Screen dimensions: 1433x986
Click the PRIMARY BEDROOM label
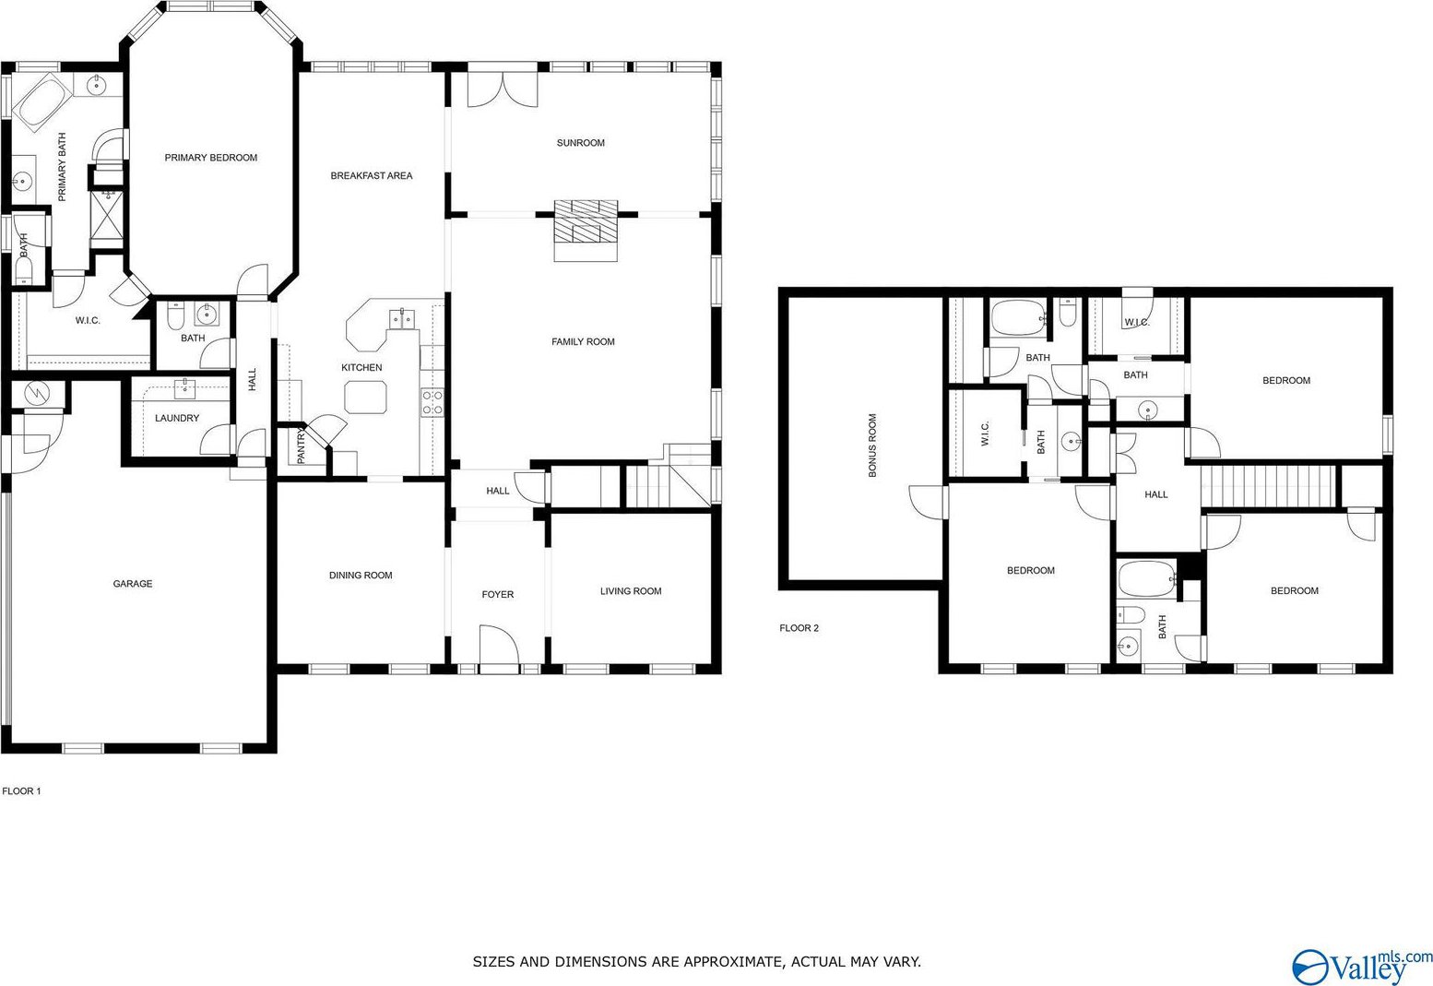point(211,158)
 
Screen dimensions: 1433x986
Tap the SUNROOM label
point(580,143)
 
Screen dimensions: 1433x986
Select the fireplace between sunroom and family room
point(586,231)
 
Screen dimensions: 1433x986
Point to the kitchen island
point(365,397)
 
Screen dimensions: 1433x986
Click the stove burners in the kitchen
point(432,402)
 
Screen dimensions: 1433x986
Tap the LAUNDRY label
point(177,418)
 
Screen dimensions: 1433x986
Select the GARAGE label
point(133,584)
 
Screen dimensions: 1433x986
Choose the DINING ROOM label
point(361,576)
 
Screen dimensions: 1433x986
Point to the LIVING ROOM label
point(631,591)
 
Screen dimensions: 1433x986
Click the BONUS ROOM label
point(872,445)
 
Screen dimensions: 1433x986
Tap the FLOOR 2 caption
point(799,628)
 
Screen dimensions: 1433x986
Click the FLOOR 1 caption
point(22,790)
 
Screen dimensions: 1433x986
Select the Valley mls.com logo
point(1361,966)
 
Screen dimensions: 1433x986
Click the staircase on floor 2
point(1268,486)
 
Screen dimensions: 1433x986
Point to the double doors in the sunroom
point(503,89)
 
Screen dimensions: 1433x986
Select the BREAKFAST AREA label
point(371,175)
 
